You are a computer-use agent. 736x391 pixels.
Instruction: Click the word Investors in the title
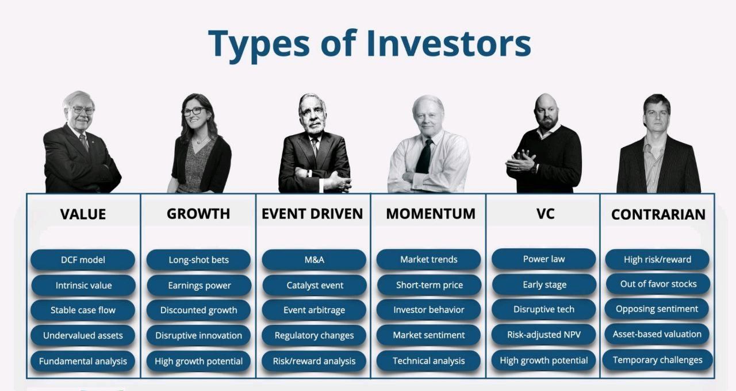pyautogui.click(x=449, y=43)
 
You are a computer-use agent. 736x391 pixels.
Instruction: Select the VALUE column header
pyautogui.click(x=83, y=214)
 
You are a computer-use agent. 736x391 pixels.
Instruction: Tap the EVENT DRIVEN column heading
pyautogui.click(x=312, y=214)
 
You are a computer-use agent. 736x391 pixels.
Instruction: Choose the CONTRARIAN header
pyautogui.click(x=658, y=214)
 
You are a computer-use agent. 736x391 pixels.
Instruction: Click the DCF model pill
pyautogui.click(x=83, y=260)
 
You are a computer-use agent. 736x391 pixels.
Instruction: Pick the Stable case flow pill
pyautogui.click(x=83, y=310)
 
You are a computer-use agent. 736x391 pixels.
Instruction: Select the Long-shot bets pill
pyautogui.click(x=198, y=260)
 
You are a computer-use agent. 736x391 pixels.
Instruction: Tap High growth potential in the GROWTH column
pyautogui.click(x=198, y=361)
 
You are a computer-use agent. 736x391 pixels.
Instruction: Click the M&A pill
pyautogui.click(x=314, y=260)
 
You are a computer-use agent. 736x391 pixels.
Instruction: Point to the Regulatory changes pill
pyautogui.click(x=314, y=335)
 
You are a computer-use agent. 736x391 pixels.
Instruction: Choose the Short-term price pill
pyautogui.click(x=429, y=285)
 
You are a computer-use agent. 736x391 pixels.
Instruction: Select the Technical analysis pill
pyautogui.click(x=428, y=361)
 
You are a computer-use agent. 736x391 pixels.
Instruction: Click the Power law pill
pyautogui.click(x=544, y=259)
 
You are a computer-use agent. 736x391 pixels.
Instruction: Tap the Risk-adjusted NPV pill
pyautogui.click(x=544, y=335)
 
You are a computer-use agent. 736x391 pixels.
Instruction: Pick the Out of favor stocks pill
pyautogui.click(x=658, y=284)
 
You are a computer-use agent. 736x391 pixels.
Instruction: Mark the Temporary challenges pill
pyautogui.click(x=657, y=360)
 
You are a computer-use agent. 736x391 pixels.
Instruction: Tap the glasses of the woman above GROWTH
pyautogui.click(x=194, y=112)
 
